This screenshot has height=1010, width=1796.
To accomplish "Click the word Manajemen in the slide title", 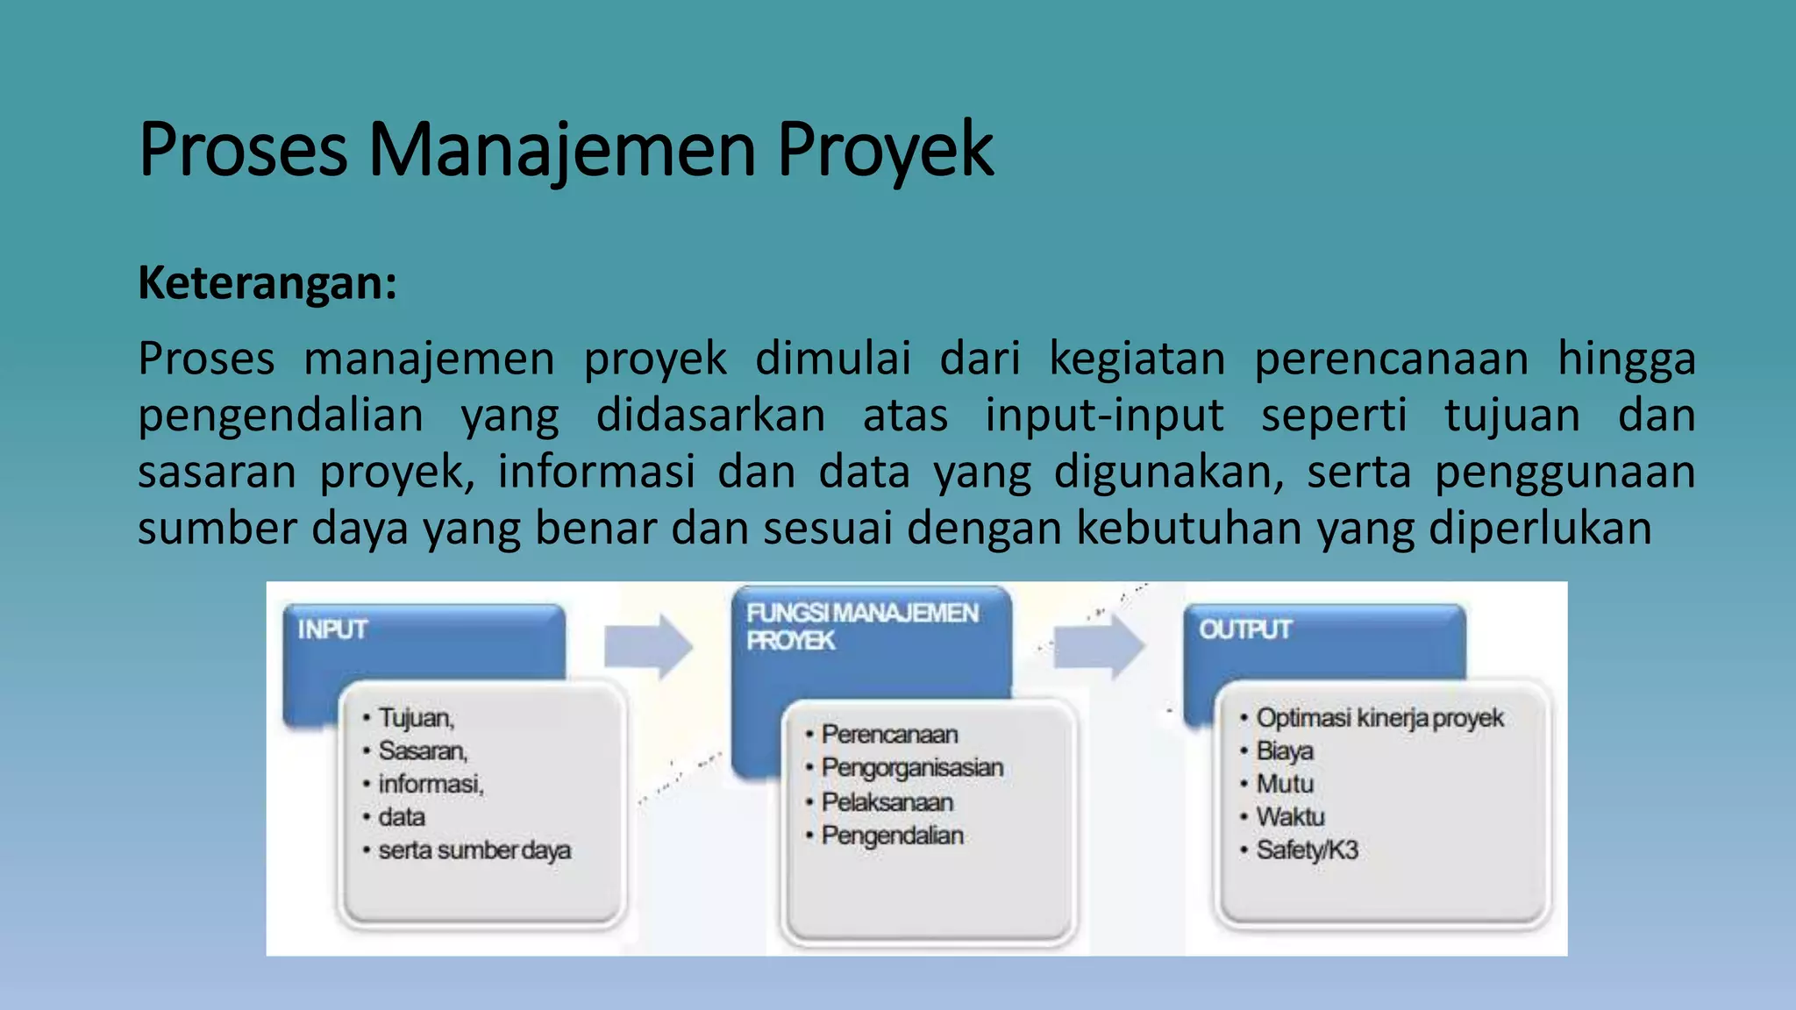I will coord(561,151).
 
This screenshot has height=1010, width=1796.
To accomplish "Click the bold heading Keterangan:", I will coord(267,283).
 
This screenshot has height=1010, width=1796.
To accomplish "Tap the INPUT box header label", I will coord(332,629).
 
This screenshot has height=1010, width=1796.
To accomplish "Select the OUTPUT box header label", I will coord(1245,629).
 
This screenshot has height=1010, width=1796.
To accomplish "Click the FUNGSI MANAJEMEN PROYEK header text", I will coord(861,626).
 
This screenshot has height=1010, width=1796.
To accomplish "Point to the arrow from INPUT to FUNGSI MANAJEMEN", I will coord(648,647).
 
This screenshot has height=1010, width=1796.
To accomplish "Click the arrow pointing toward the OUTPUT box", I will coord(1099,647).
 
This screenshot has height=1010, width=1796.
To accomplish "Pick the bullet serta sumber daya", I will coord(474,850).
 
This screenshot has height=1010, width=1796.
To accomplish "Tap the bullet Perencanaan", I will coord(889,735).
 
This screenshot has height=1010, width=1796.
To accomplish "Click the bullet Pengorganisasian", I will coord(912,768).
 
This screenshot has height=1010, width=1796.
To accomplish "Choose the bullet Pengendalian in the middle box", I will coord(892,836).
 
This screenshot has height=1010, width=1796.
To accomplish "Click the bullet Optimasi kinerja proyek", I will coord(1379,718).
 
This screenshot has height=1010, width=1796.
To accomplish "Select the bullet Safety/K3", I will coord(1307,850).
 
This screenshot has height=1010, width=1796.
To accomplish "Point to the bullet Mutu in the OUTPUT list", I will coord(1285,784).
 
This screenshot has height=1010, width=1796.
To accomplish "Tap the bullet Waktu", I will coord(1290,817).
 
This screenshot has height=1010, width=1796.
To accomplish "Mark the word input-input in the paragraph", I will coord(1104,416).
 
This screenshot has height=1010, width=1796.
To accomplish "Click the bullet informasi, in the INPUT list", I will coord(431,784).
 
